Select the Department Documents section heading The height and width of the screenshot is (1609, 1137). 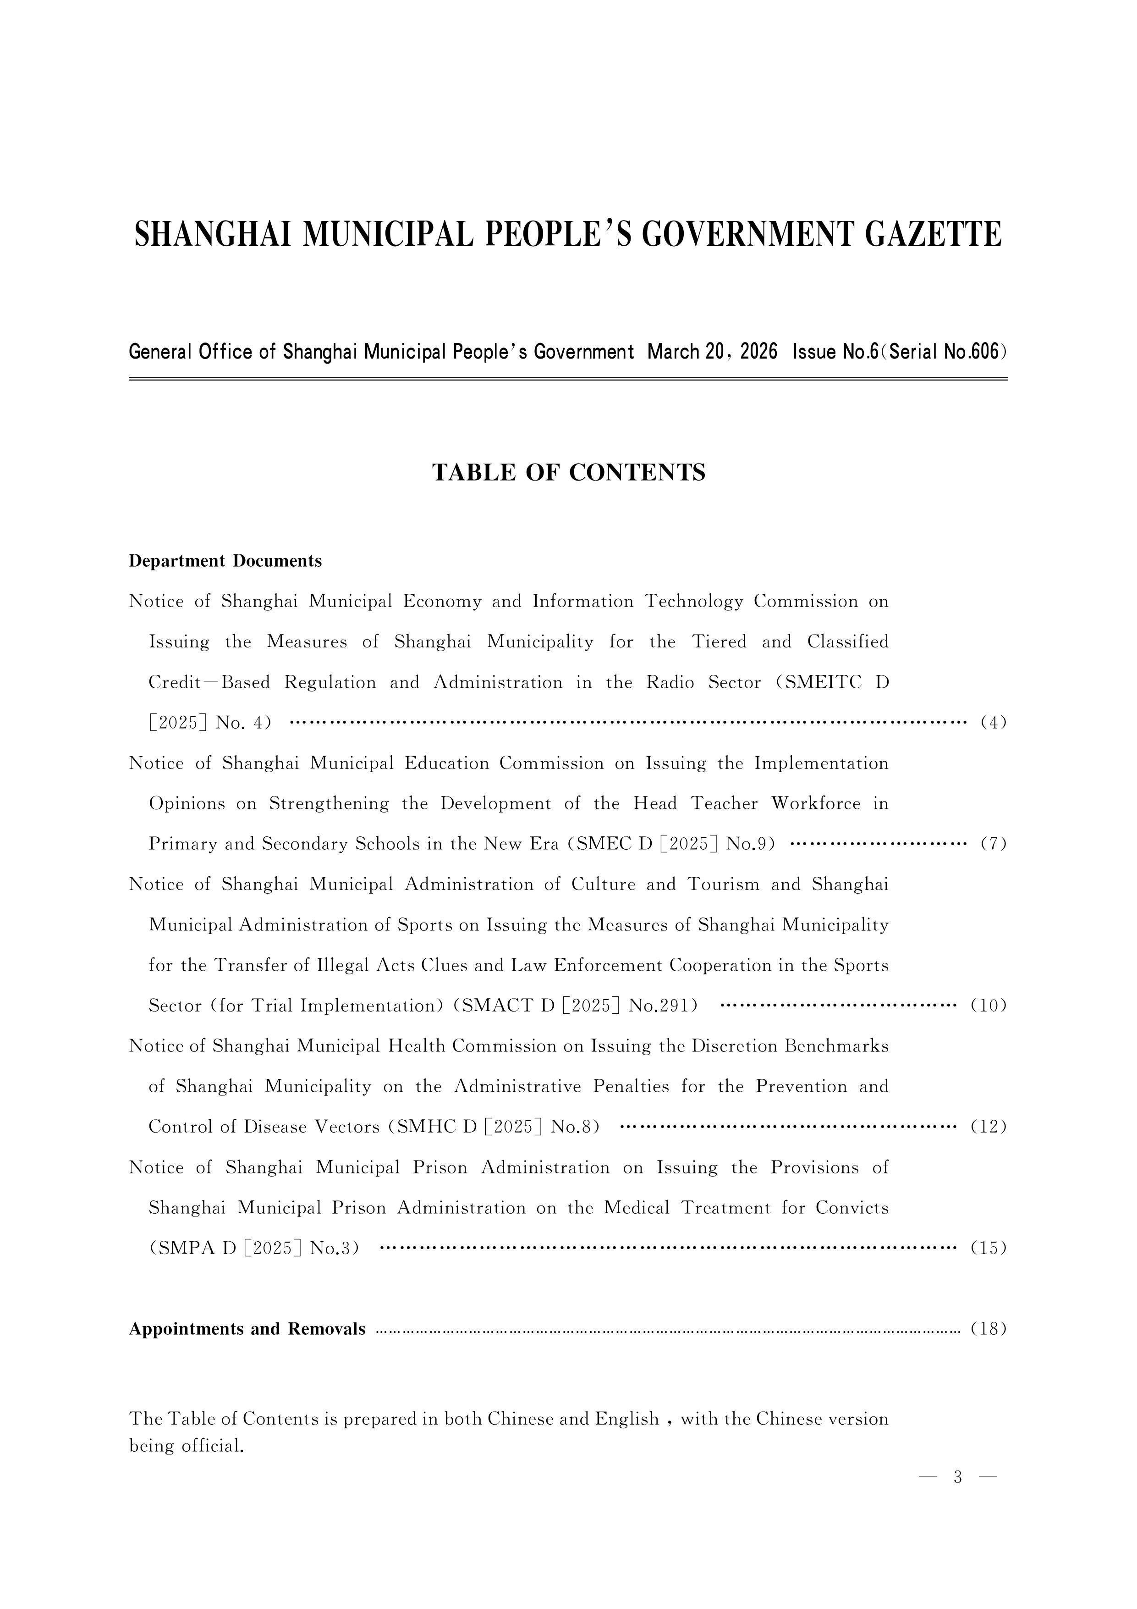225,561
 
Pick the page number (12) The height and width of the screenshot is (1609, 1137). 989,1127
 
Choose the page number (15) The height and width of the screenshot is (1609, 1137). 989,1248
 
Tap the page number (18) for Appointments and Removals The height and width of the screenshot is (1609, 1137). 989,1329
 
